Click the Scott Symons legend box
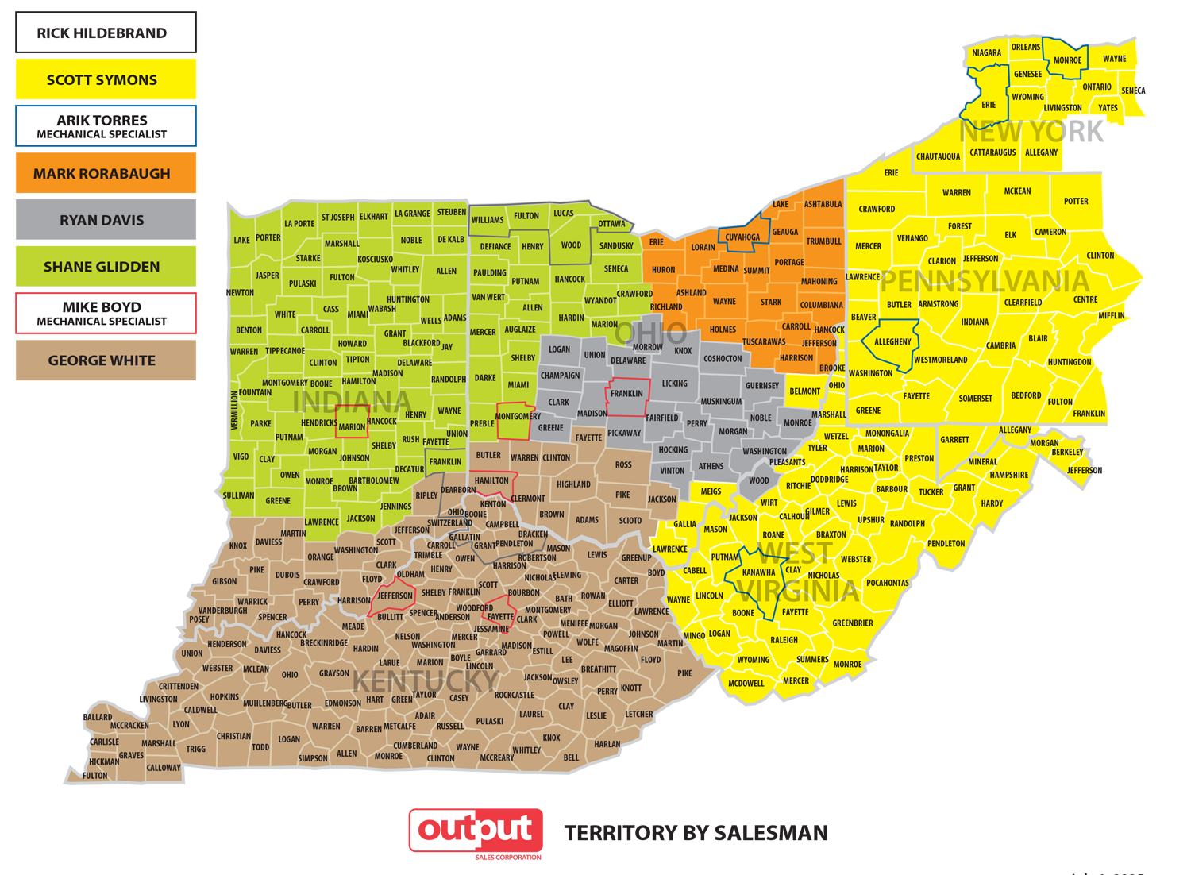tap(106, 79)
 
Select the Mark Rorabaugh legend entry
tap(106, 173)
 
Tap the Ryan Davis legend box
tap(106, 220)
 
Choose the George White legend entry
tap(106, 360)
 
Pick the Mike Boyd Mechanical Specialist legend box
tap(106, 314)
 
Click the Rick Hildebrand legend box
tap(106, 33)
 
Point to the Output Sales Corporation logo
tap(476, 832)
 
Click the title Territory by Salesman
tap(696, 833)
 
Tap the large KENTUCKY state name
tap(426, 681)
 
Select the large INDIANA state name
tap(352, 402)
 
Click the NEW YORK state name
tap(1031, 132)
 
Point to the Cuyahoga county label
tap(742, 237)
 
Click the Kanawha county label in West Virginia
tap(758, 572)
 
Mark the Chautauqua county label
tap(938, 156)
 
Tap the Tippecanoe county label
tap(285, 351)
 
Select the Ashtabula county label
tap(823, 204)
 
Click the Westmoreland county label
tap(940, 360)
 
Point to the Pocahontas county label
tap(888, 583)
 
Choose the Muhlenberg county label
tap(265, 703)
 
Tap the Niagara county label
tap(986, 53)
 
